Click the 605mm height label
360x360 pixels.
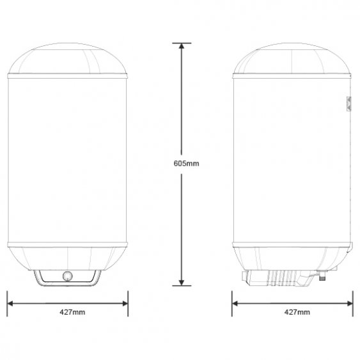pos(186,164)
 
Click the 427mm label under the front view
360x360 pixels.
pos(72,312)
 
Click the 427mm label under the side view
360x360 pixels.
pos(297,312)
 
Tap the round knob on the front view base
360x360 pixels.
pos(68,276)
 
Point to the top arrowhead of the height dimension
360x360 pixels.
pos(182,46)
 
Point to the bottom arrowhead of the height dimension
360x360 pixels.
pos(182,283)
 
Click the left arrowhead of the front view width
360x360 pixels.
pos(10,304)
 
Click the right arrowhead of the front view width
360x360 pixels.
pos(125,304)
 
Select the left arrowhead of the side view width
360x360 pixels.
pos(235,304)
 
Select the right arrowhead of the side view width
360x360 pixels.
pos(350,304)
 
